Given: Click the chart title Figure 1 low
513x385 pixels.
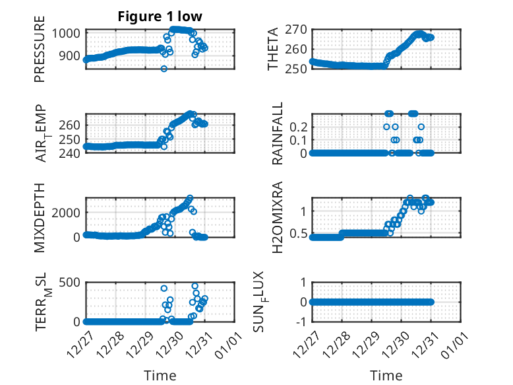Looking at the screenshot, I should tap(160, 17).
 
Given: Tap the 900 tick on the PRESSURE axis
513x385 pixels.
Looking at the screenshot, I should tap(71, 57).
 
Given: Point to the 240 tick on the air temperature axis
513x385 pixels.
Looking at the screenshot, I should tap(71, 153).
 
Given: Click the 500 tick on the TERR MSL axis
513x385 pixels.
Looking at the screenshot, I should tap(71, 282).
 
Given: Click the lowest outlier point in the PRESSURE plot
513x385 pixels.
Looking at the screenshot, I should tap(164, 69).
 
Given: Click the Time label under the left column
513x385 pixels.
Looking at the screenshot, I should tap(160, 376).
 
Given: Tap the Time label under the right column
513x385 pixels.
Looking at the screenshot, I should tap(386, 376).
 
